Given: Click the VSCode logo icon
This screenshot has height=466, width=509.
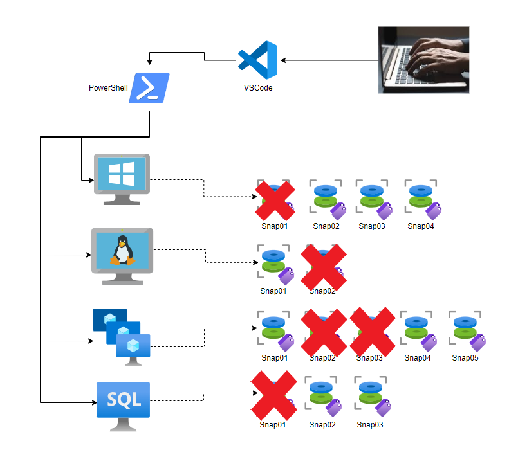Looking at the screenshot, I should pos(257,60).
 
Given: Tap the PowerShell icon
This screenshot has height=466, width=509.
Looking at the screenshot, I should pos(149,87).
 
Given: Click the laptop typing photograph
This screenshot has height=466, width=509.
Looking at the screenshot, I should pos(423,60).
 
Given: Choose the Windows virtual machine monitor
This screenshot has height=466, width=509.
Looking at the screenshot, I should pos(122,177).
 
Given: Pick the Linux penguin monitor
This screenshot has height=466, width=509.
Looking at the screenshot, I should pos(122,254).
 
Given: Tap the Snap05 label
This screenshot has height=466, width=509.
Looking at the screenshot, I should pos(465,358).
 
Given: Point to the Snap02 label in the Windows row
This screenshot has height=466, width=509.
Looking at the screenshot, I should pos(326,226).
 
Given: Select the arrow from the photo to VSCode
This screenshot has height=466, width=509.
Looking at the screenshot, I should pos(328,60).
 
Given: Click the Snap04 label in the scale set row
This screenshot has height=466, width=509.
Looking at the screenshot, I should pos(418,358).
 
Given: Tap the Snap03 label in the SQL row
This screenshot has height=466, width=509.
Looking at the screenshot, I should pos(370,424).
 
